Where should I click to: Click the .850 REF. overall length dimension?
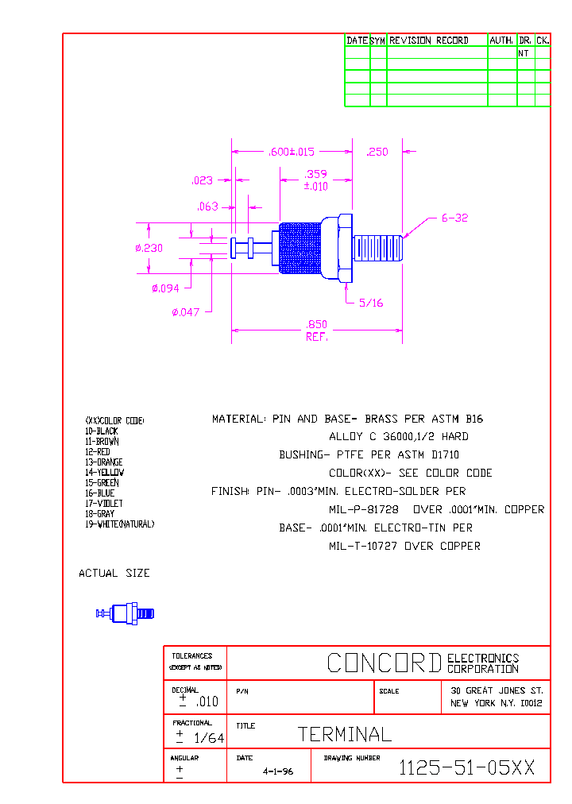pos(317,330)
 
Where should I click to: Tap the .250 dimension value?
pos(377,152)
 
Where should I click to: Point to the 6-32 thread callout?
pos(454,218)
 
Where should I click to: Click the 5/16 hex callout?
pos(371,302)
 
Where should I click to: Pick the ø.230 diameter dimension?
pos(149,248)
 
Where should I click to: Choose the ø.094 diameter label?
pos(165,288)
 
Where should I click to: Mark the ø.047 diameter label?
pos(186,312)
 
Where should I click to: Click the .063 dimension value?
pos(207,207)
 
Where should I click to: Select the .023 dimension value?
pos(203,180)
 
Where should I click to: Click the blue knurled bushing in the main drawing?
pos(300,247)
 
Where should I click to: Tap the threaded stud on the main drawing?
pos(378,248)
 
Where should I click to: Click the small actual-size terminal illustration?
pos(126,613)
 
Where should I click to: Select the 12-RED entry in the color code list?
pos(98,452)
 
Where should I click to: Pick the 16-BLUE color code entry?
pos(100,493)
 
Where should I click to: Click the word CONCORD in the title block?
pos(385,663)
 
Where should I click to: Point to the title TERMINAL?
pos(345,734)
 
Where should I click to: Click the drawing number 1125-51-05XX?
pos(466,767)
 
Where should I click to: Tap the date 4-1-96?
pos(277,771)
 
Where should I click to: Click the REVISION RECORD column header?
pos(428,40)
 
